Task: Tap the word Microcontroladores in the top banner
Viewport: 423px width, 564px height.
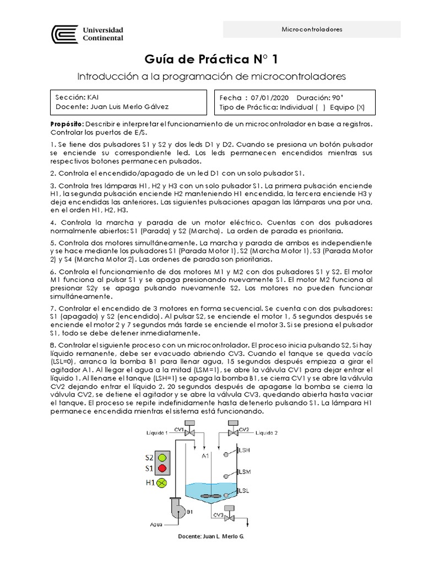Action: (312, 29)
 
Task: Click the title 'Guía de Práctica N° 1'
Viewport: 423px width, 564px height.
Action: (211, 58)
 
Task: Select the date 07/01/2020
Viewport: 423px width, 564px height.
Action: (269, 96)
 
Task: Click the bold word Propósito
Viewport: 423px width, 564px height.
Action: (67, 124)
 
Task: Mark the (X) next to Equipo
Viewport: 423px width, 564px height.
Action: (360, 106)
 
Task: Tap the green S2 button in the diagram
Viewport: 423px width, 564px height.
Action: (161, 457)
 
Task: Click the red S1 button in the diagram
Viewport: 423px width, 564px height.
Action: (161, 469)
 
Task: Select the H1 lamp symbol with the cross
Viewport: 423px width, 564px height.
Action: (161, 483)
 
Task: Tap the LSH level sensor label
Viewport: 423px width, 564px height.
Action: (245, 450)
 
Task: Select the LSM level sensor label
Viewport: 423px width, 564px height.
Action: (245, 471)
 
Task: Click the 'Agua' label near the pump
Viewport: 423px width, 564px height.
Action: (156, 524)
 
